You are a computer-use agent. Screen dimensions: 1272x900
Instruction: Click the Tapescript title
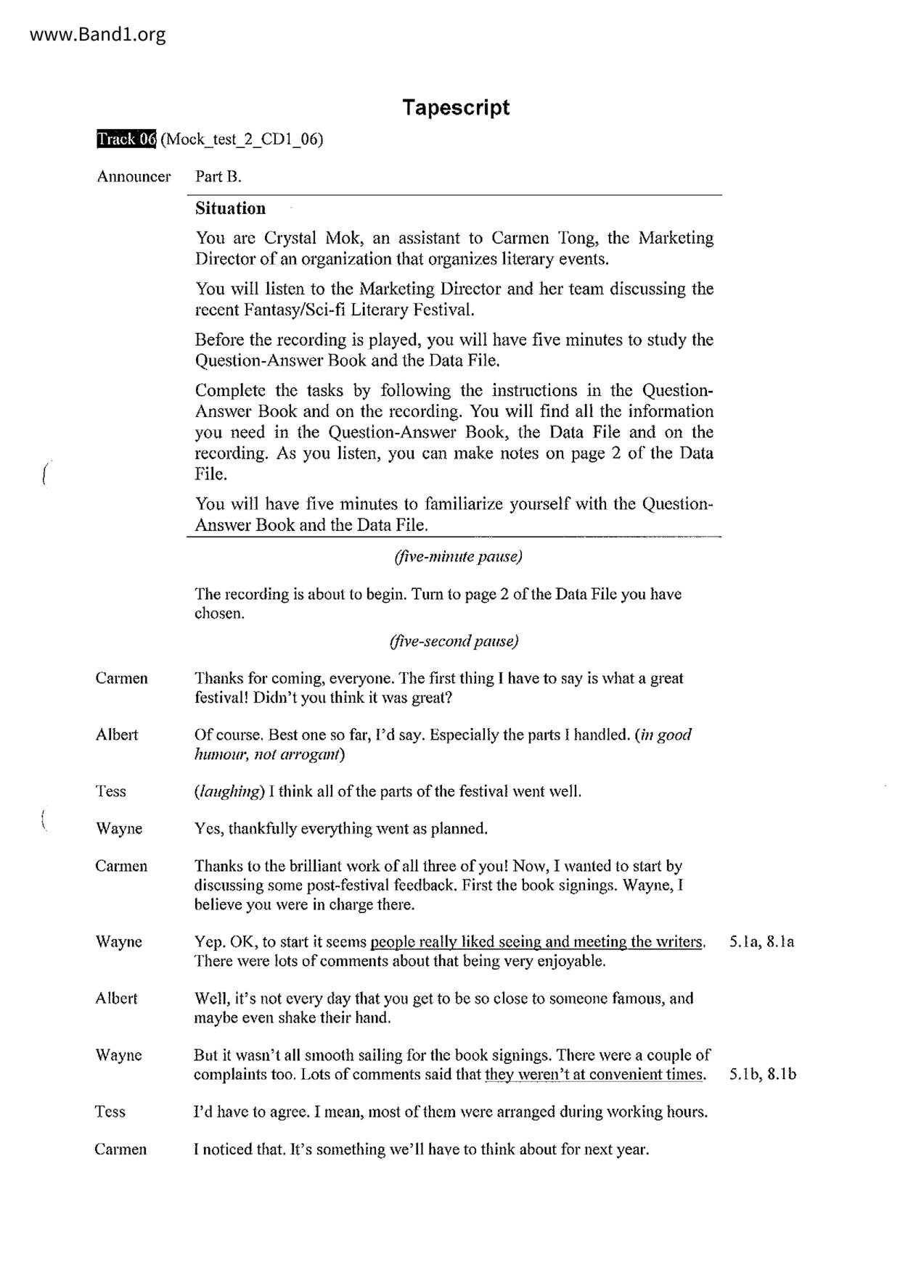click(456, 107)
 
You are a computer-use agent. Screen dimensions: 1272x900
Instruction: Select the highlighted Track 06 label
click(126, 139)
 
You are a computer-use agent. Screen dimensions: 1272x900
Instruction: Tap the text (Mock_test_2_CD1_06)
click(242, 139)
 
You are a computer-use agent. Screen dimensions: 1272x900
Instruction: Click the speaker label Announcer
click(134, 176)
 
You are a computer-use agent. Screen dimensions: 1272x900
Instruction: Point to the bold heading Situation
click(230, 209)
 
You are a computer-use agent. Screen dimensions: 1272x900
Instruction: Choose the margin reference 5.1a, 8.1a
click(761, 942)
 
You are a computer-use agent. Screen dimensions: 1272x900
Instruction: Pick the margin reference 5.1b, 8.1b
click(762, 1075)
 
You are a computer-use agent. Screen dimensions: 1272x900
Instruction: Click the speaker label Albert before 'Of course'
click(116, 735)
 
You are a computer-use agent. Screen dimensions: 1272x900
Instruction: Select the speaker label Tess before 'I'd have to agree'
click(110, 1112)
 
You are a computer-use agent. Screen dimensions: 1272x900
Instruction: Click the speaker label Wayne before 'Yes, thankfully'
click(118, 829)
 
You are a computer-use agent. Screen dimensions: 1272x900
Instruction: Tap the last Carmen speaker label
click(120, 1149)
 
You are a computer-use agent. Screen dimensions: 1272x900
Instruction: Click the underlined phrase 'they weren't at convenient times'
click(594, 1075)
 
